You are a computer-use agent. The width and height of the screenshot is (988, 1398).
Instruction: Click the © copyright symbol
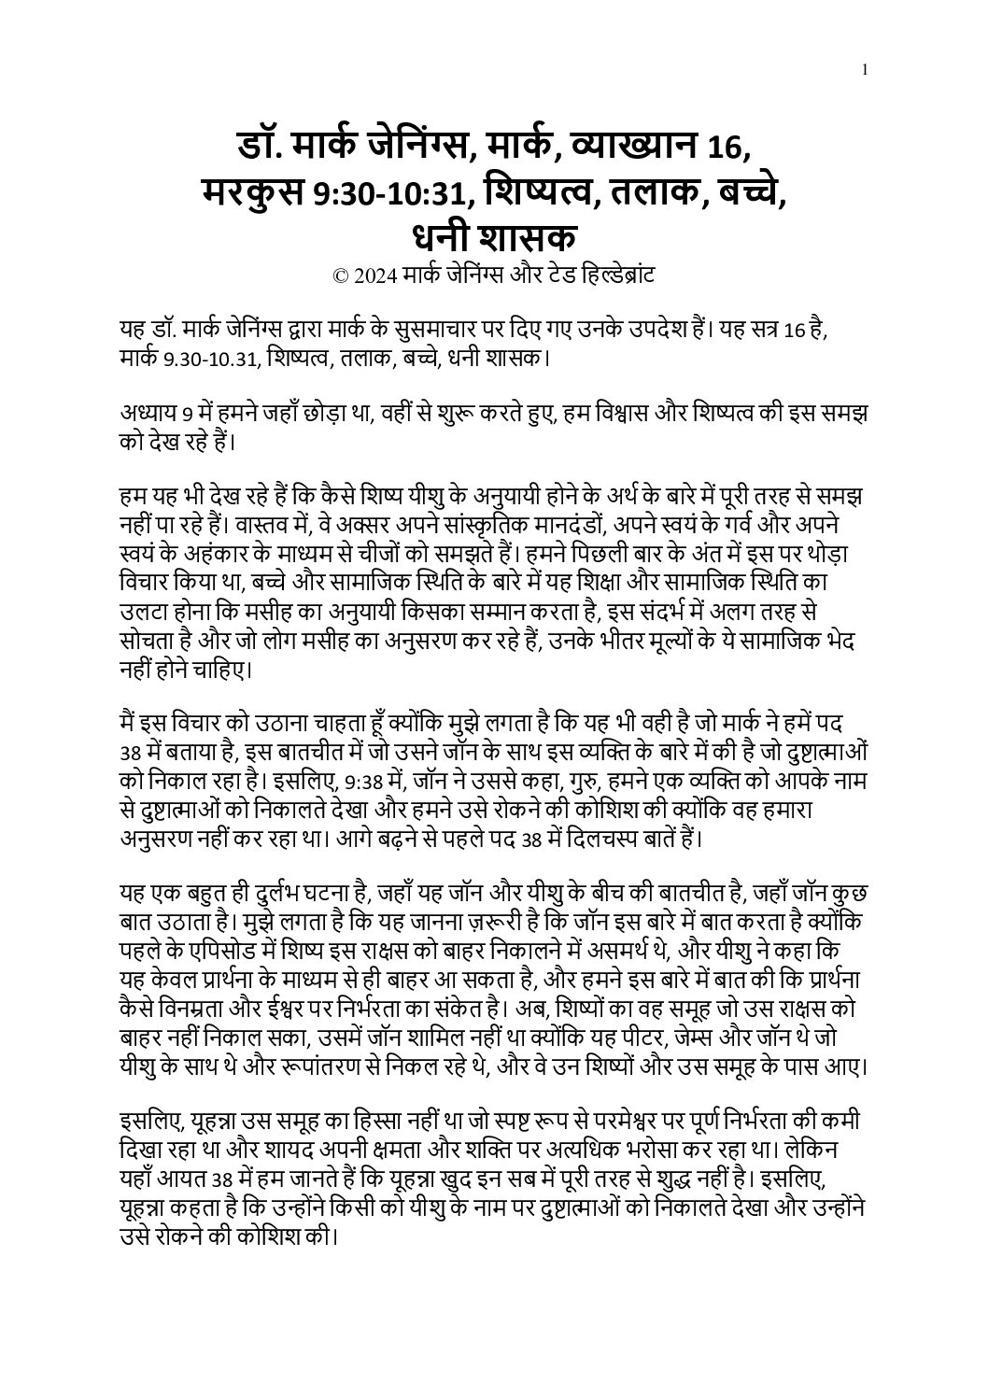[x=340, y=276]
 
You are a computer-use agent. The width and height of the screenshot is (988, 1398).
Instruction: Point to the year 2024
[x=375, y=276]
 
